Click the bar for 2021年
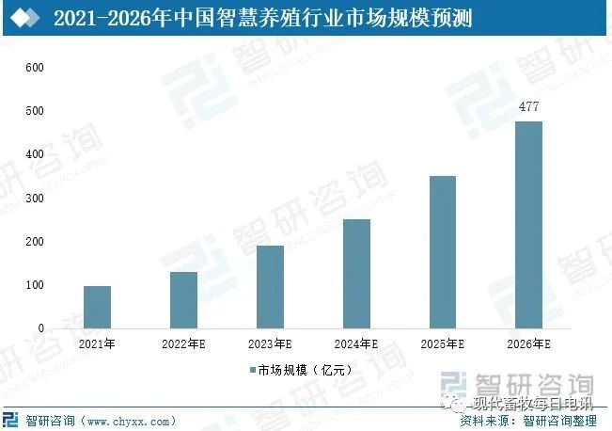(97, 307)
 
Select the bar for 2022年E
(183, 299)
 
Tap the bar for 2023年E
(270, 286)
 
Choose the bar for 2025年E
(442, 251)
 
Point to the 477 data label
(528, 106)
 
